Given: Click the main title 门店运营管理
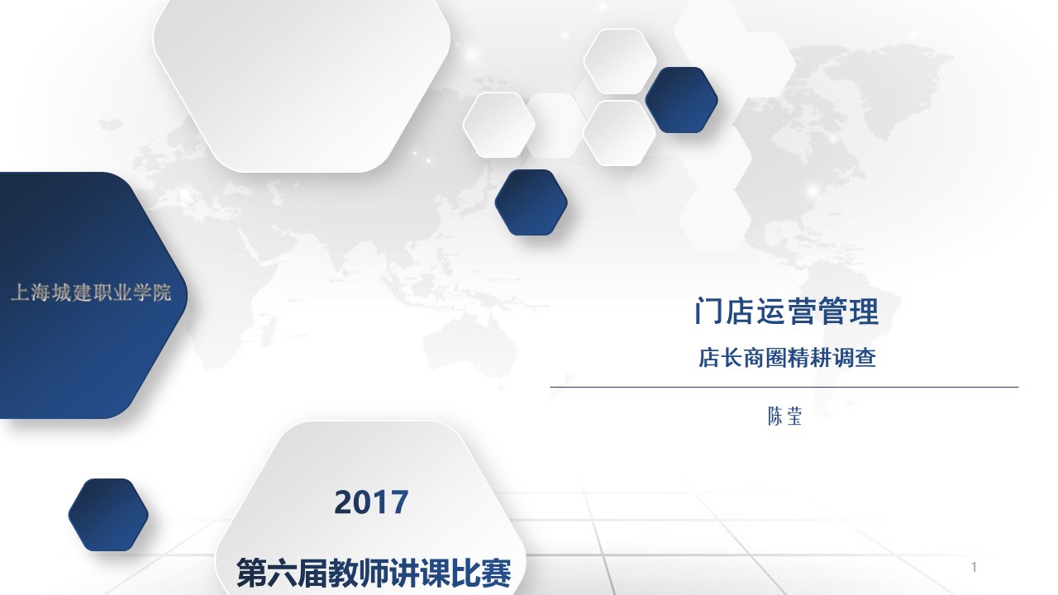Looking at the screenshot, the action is (786, 312).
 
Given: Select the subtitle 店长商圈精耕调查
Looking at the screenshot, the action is (787, 358).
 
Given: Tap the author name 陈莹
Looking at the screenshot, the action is (784, 416).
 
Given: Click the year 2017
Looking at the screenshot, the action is (371, 502).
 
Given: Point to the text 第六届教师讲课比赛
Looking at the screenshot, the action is (374, 573).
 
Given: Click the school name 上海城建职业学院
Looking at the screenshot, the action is (91, 293).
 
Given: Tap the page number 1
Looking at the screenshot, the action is (974, 567).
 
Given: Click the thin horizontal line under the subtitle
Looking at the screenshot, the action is (784, 388).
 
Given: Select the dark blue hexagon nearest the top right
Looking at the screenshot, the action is (682, 100).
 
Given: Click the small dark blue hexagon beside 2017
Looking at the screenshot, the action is (108, 515).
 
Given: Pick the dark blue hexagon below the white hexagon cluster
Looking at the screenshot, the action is (531, 202).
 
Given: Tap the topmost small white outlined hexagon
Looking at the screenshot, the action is (620, 61).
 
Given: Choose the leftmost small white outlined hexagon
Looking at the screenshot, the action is (498, 125).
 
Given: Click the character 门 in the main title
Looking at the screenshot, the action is (708, 312).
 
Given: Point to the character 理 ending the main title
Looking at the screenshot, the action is (865, 312).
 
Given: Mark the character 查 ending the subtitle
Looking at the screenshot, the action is (865, 358).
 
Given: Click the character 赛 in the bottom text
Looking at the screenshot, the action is (497, 573).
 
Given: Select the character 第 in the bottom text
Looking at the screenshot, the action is (251, 573).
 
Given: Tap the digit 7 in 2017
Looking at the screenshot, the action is (400, 502).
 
